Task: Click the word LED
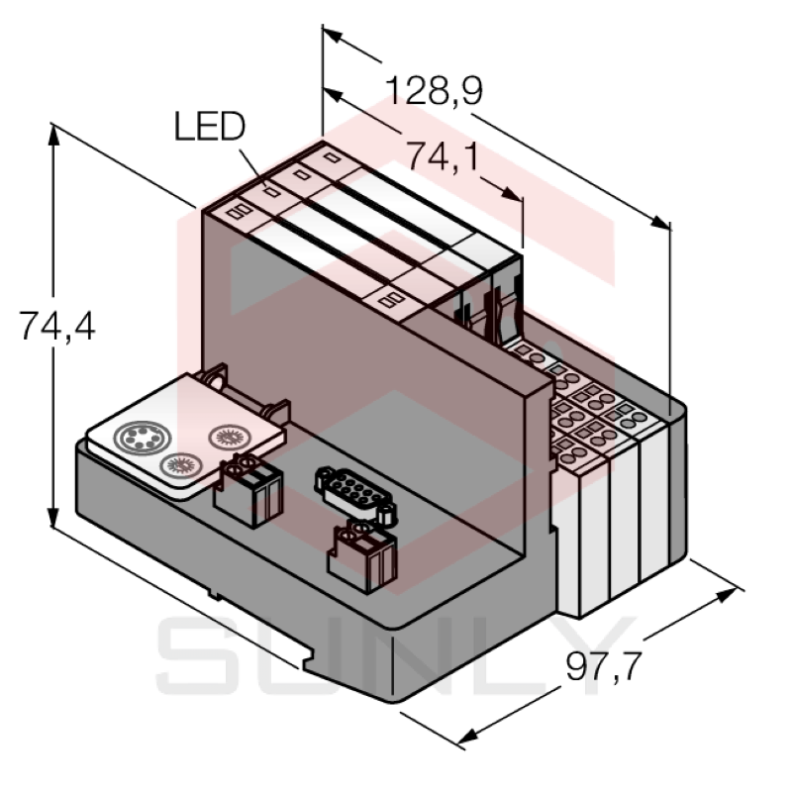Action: coord(209,126)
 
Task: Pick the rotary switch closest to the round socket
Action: coord(181,461)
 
